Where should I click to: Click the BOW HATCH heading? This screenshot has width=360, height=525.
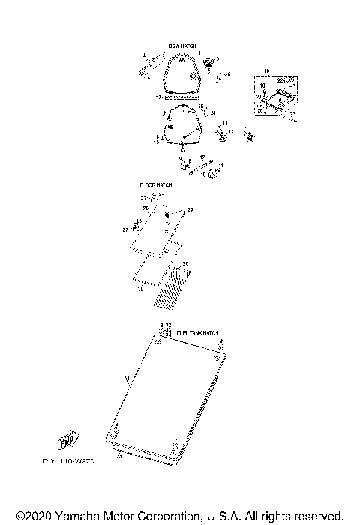[183, 46]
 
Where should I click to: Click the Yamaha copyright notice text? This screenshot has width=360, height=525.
[180, 516]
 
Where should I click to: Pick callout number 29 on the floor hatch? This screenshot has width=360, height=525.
[190, 211]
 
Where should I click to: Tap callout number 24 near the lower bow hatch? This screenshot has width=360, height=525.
[213, 112]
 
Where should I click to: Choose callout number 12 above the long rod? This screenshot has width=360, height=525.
[202, 157]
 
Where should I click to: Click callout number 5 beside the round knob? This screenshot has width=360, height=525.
[217, 58]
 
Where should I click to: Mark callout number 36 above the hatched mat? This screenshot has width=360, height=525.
[185, 263]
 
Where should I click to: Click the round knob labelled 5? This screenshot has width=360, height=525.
[210, 60]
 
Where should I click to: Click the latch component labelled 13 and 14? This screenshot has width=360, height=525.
[222, 136]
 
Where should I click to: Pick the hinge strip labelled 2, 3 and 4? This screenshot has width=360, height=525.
[148, 64]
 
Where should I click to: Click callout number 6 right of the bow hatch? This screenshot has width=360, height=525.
[229, 74]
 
